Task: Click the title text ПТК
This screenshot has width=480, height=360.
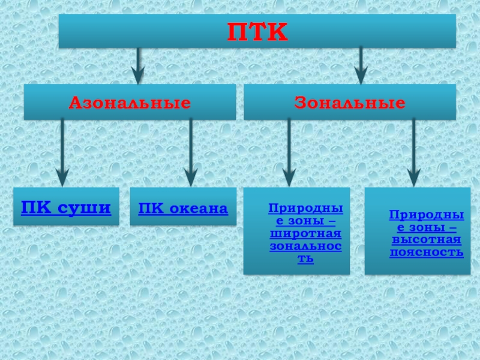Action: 257,32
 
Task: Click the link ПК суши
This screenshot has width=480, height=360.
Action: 66,208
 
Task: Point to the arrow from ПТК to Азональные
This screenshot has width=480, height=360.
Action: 139,66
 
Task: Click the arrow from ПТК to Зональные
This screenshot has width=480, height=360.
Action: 361,66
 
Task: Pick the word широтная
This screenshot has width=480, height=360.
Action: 305,233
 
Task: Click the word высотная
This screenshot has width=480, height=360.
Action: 426,240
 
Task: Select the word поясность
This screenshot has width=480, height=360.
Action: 426,252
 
